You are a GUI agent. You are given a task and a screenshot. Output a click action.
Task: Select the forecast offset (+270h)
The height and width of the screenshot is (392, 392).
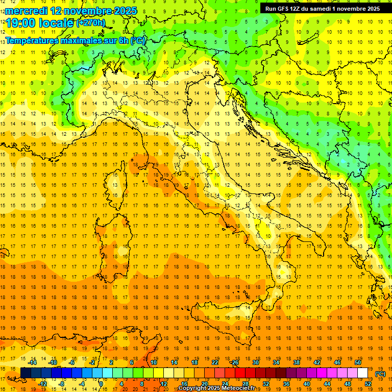tap(91, 23)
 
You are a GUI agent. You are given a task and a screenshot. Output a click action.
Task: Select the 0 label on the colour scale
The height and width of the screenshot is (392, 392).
tap(101, 384)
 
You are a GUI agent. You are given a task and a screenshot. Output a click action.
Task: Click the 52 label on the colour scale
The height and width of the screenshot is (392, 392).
tap(368, 384)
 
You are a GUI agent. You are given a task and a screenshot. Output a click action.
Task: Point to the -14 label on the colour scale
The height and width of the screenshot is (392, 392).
tap(33, 362)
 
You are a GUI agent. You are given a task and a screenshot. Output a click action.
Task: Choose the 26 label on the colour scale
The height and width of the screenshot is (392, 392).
tap(235, 362)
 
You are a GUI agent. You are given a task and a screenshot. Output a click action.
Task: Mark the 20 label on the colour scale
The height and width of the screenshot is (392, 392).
tap(204, 384)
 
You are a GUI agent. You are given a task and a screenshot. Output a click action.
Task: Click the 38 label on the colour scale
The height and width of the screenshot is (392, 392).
tap(296, 362)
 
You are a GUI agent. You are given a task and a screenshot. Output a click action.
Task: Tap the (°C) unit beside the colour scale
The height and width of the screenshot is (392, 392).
tap(380, 374)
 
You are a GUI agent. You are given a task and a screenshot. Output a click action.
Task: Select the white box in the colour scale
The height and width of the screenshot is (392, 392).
tap(363, 373)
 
